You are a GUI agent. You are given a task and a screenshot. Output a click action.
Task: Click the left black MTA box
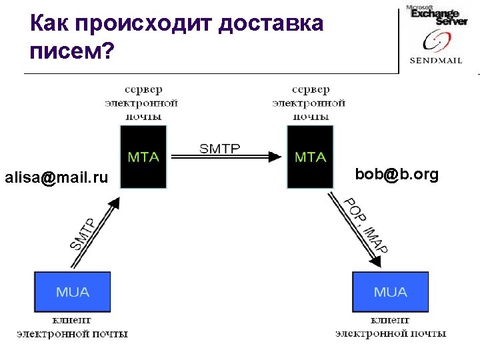(x=143, y=157)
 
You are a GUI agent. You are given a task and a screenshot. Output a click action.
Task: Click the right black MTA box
(x=309, y=157)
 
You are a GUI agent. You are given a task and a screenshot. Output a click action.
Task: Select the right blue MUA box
(x=390, y=292)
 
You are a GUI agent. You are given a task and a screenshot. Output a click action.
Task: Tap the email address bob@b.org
(x=397, y=175)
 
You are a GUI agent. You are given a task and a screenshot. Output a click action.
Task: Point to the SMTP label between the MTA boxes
(x=220, y=149)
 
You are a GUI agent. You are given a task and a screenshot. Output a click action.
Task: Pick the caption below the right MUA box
(x=391, y=327)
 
